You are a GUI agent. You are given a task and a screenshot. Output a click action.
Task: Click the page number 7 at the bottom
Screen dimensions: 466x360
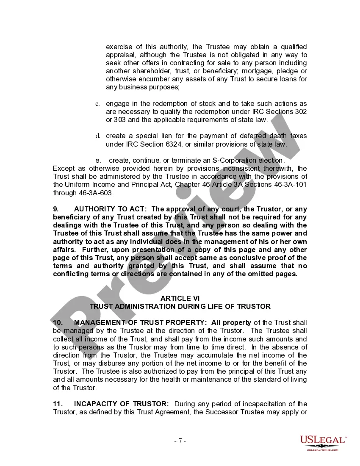point(180,441)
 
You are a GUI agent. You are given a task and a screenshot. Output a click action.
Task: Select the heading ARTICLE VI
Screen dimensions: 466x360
point(180,298)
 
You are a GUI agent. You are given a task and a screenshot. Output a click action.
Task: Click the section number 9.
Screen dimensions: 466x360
point(55,209)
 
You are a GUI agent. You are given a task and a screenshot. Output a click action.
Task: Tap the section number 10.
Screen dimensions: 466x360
point(58,323)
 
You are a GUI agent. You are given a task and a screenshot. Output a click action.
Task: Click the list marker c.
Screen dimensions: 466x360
point(97,104)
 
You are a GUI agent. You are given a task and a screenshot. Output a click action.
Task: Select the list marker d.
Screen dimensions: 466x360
point(97,136)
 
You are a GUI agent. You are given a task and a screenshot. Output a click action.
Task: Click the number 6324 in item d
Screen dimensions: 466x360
point(177,144)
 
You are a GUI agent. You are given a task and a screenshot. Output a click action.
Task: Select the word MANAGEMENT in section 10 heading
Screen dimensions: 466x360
point(98,323)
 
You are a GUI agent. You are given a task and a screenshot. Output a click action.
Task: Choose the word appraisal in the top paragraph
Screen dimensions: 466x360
point(121,55)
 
